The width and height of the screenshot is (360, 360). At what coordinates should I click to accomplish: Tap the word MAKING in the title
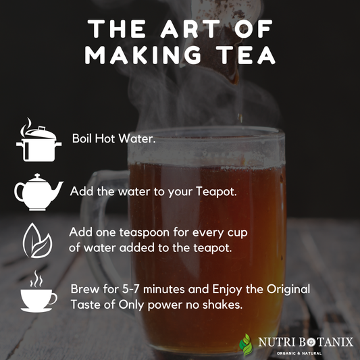coord(143,55)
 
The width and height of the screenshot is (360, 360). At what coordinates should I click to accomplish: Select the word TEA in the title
coord(247,55)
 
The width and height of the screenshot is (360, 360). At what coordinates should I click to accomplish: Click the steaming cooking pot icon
coord(38,140)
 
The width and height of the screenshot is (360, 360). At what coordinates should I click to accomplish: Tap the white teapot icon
coord(38,192)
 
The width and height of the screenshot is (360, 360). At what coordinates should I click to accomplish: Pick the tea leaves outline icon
coord(37,240)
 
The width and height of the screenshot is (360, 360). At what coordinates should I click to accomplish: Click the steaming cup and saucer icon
coord(38,291)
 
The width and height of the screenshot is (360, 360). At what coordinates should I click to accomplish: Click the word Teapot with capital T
coord(216,192)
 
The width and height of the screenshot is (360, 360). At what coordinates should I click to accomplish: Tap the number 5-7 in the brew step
coord(130,289)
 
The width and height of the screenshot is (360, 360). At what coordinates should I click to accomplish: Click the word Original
coord(288,289)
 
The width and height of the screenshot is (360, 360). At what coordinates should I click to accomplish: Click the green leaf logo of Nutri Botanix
coord(246,344)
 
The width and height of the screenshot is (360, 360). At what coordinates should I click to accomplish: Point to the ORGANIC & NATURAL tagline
coord(299,353)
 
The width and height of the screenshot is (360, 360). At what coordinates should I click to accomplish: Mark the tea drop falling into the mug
coord(240,118)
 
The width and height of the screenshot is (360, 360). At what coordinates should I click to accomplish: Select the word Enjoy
coord(227,289)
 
